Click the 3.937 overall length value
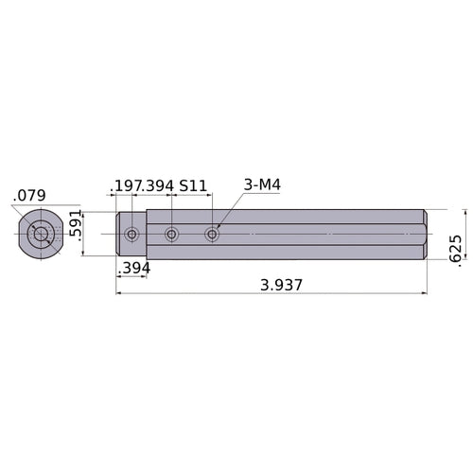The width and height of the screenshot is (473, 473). click(276, 283)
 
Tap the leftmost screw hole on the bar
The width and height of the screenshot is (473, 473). click(131, 234)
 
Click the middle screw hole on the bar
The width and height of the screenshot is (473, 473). click(171, 234)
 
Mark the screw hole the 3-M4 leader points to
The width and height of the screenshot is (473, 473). click(212, 234)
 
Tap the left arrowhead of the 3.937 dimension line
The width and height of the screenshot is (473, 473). click(119, 293)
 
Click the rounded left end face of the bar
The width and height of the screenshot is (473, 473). click(119, 234)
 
